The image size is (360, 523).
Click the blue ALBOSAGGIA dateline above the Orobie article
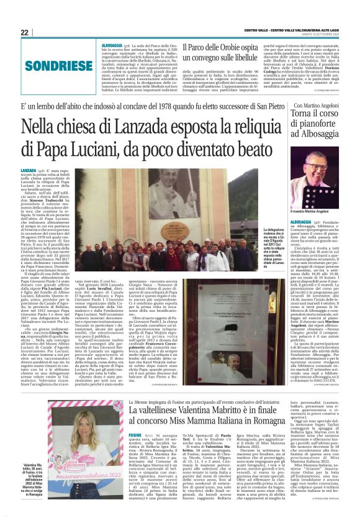click(112, 45)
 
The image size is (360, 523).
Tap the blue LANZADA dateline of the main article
click(29, 170)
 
